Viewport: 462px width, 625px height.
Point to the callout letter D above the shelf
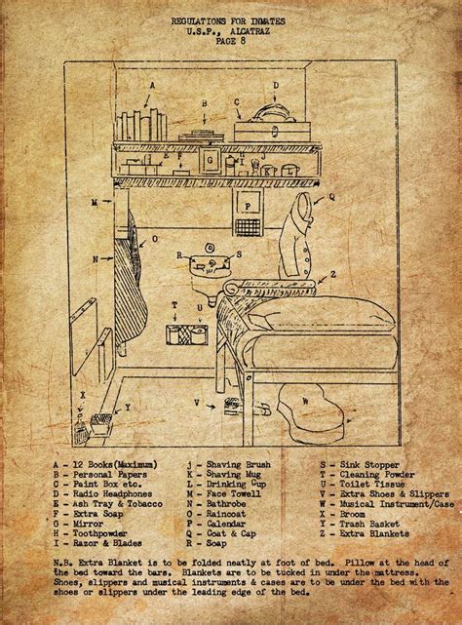(276, 85)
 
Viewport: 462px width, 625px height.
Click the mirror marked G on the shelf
(211, 159)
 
